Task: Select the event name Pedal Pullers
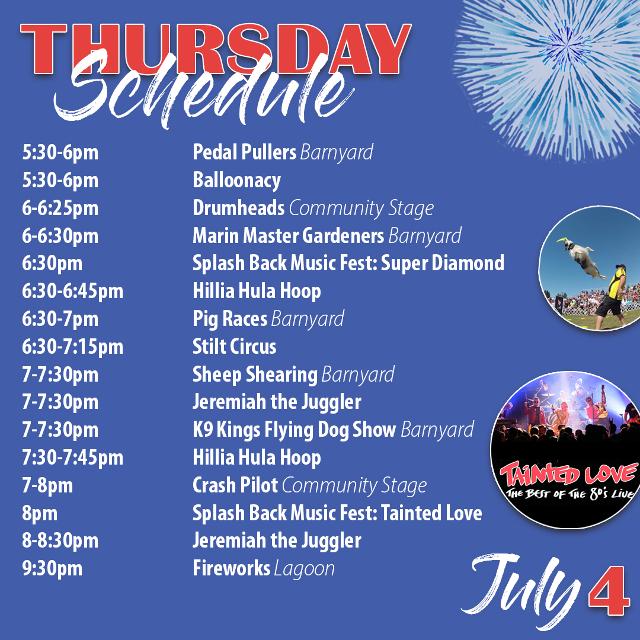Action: click(244, 152)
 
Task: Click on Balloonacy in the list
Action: click(236, 180)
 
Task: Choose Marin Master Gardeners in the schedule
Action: click(288, 236)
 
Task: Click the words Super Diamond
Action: click(442, 263)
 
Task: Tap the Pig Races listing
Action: click(230, 319)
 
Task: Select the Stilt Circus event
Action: click(234, 347)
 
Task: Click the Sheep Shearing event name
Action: click(255, 375)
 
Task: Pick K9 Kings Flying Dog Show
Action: click(294, 430)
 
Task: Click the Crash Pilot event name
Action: click(235, 485)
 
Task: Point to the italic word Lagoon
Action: click(305, 569)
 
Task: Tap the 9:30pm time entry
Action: click(52, 569)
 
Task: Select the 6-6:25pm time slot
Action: click(60, 208)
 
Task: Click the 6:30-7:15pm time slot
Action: click(72, 347)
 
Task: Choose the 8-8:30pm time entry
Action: click(60, 541)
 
